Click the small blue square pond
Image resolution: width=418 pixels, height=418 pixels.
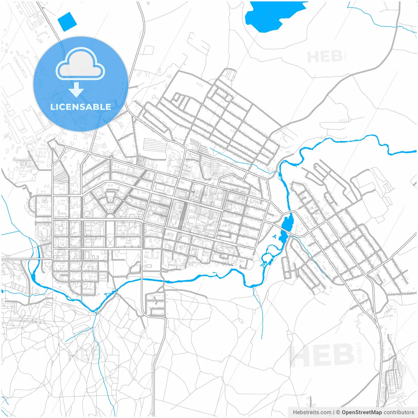pos(67,22)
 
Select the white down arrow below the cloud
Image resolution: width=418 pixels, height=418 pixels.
pos(76,90)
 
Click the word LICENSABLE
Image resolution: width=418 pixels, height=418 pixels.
pos(81,107)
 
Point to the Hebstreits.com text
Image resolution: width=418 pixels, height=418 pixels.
pos(312,412)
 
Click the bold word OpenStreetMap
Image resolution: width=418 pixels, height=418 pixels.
pos(362,412)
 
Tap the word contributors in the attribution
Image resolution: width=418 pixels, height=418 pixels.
pos(399,412)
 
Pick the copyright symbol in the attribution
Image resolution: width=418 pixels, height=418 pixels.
pos(338,412)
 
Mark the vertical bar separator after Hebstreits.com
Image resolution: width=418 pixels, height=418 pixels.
pos(334,412)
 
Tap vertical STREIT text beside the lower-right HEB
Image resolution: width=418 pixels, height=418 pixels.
pos(360,353)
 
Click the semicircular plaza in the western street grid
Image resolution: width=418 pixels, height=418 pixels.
pos(110,216)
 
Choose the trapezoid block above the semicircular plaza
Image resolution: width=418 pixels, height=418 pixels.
pos(110,197)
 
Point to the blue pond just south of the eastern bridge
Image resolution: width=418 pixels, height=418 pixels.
pos(283,237)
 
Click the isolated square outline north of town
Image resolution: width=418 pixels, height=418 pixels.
pos(148,50)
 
